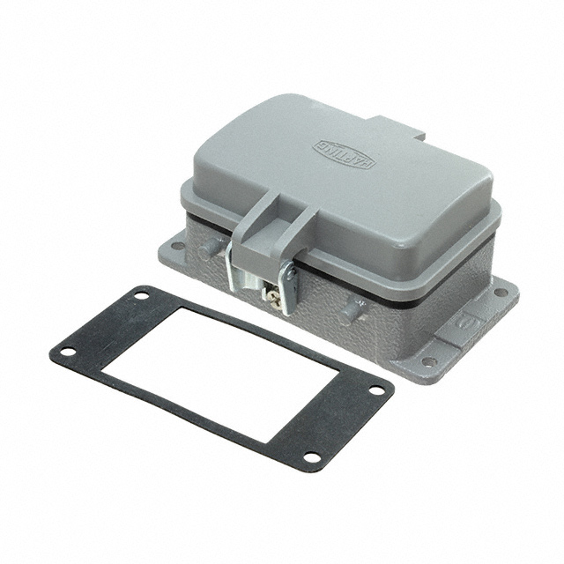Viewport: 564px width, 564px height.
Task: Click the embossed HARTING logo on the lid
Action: (345, 154)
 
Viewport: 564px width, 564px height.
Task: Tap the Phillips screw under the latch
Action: (274, 298)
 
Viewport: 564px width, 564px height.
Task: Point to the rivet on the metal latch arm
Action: (290, 274)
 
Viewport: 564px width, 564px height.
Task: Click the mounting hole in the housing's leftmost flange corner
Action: (177, 246)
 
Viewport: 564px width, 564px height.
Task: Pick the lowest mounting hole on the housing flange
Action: (429, 361)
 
